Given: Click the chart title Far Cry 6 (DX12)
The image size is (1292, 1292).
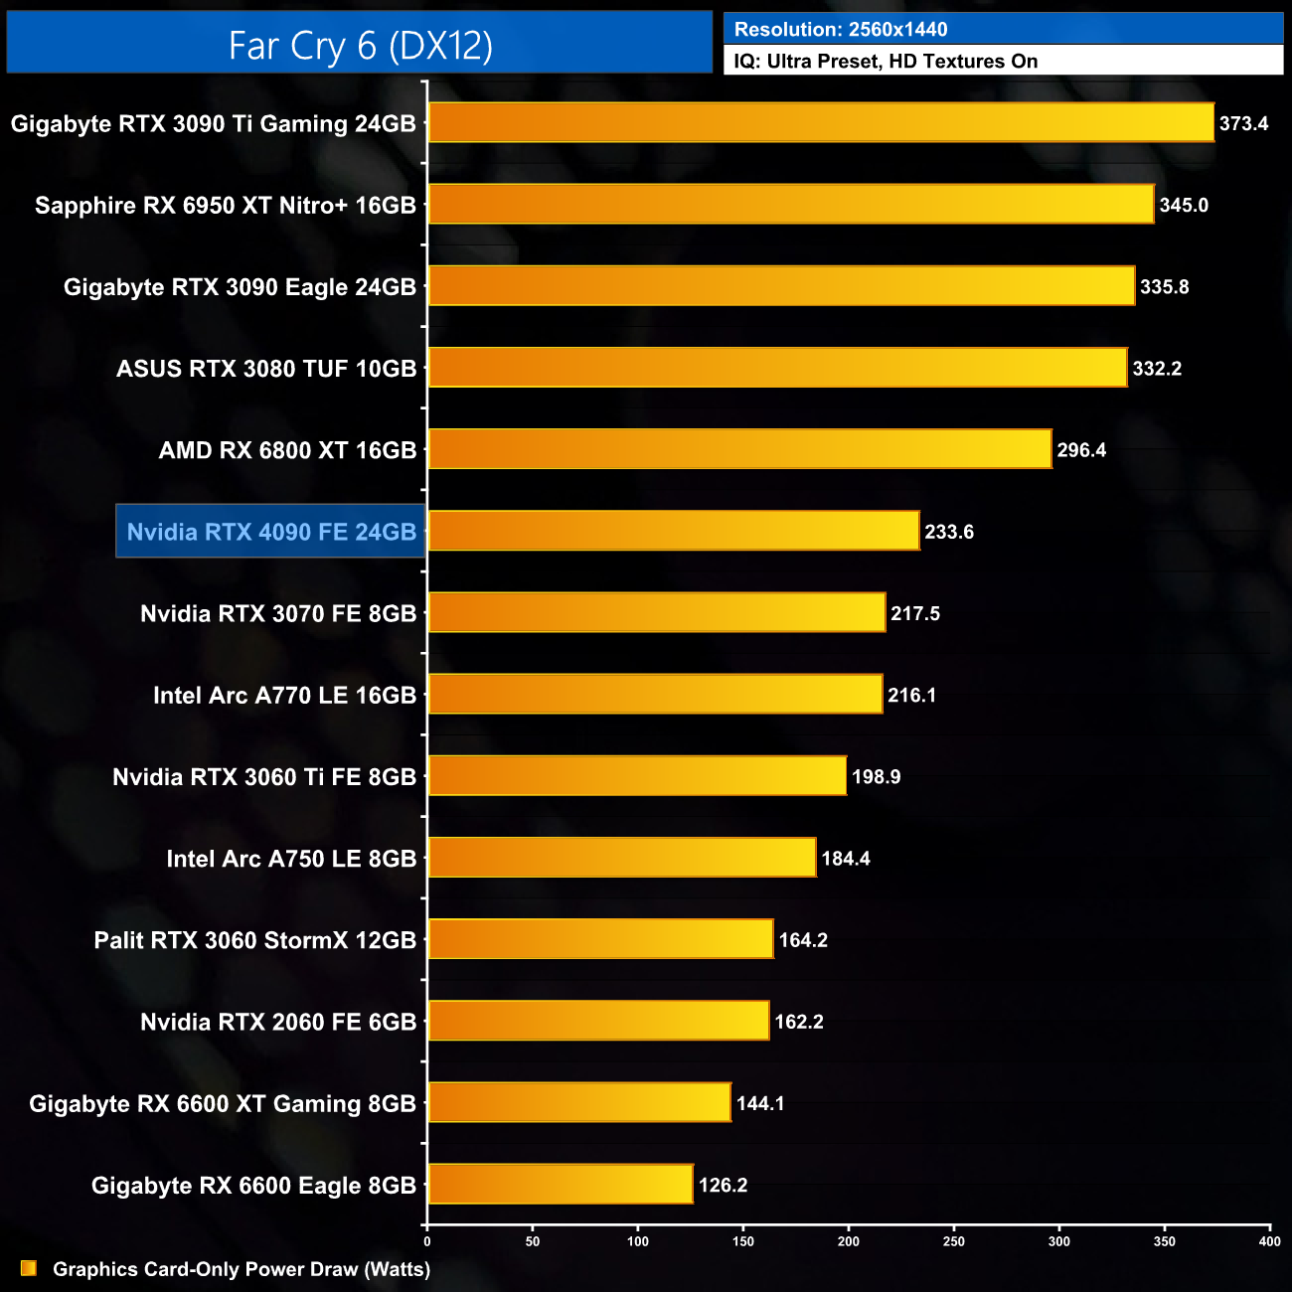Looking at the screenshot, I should click(360, 45).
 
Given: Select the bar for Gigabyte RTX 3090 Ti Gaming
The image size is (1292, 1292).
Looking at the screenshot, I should click(821, 123).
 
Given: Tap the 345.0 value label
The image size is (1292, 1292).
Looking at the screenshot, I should click(1184, 206).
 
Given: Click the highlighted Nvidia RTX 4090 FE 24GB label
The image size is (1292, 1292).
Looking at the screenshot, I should click(271, 532).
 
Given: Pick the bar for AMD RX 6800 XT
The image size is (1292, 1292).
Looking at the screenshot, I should click(739, 449).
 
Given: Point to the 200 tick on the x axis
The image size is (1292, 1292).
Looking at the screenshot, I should click(849, 1241).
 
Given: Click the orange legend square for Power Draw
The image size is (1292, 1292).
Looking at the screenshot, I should click(29, 1268).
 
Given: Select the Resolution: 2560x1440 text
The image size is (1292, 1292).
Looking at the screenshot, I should click(841, 30).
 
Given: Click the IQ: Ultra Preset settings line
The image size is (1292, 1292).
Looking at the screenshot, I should click(886, 62).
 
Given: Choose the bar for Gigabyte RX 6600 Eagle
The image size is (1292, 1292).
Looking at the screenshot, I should click(561, 1184).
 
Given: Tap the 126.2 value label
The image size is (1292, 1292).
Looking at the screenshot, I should click(723, 1185).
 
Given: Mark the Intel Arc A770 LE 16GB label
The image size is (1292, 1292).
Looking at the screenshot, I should click(284, 696).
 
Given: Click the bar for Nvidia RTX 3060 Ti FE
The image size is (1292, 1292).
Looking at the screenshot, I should click(637, 776).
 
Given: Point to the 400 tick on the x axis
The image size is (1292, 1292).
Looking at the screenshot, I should click(1269, 1241).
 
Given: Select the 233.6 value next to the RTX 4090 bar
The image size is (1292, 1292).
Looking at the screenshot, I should click(949, 532).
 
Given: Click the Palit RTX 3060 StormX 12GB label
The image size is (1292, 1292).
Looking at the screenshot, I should click(255, 940).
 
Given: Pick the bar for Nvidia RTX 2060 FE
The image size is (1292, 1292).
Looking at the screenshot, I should click(598, 1021).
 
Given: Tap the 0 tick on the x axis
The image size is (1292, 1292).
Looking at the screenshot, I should click(427, 1241).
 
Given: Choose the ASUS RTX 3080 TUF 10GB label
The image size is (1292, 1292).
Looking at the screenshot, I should click(266, 369).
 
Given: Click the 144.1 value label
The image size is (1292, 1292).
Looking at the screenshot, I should click(760, 1103).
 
